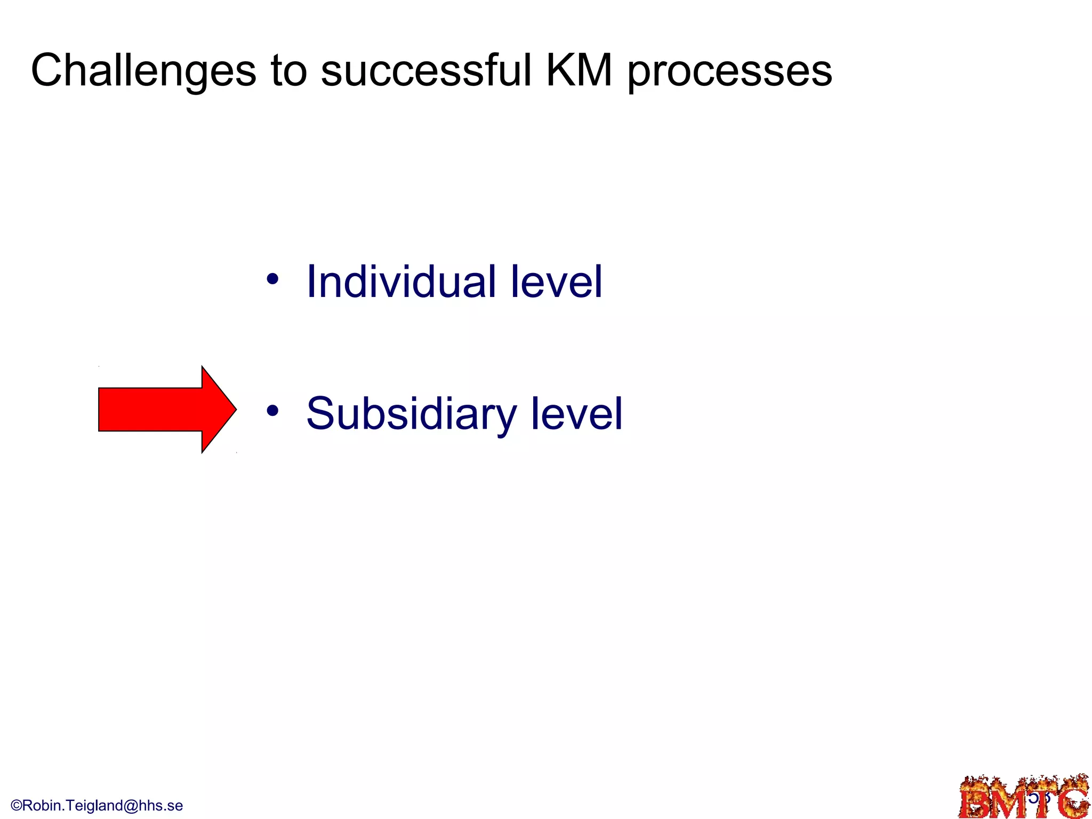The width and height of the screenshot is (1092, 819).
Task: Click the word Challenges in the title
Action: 143,71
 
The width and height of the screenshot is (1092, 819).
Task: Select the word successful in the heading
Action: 427,71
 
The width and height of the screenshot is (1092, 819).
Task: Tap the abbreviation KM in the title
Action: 579,71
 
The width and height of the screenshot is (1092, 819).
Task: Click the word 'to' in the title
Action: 289,71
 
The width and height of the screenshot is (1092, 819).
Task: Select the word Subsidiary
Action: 412,414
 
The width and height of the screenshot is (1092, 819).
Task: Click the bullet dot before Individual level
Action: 272,279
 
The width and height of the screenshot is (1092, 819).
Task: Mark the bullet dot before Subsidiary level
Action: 272,411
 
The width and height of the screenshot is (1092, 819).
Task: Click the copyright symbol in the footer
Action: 16,806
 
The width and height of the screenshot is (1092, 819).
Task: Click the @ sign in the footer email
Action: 130,806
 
